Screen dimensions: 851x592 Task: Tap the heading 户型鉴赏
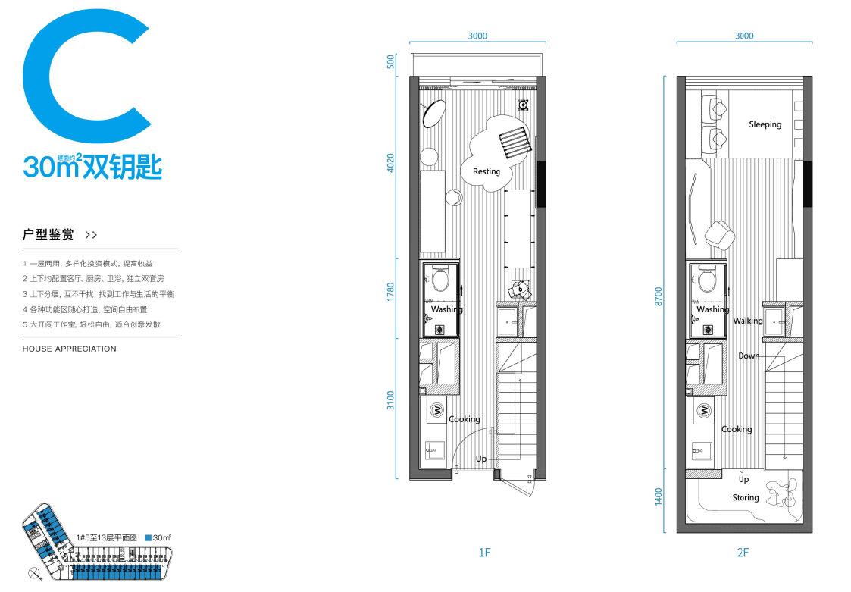[48, 235]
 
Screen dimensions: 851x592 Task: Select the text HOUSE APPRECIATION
[70, 349]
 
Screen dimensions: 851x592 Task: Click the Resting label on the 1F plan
[487, 171]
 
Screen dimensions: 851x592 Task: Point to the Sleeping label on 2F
[765, 124]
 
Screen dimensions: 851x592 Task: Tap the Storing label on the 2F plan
[745, 497]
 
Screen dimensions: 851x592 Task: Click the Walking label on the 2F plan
[748, 321]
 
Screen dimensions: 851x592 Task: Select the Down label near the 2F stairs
[749, 356]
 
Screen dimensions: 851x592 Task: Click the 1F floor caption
[485, 553]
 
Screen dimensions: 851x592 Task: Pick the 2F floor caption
[743, 553]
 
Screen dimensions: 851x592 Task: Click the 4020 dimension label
[391, 164]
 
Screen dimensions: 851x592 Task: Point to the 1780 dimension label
[391, 293]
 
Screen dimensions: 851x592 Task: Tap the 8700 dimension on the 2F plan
[659, 296]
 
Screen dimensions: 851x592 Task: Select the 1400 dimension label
[659, 496]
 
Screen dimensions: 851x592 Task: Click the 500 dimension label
[391, 62]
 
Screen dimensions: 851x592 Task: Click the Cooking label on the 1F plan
[465, 419]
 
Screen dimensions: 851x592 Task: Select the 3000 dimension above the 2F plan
[744, 36]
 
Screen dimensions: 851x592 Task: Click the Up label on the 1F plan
[481, 459]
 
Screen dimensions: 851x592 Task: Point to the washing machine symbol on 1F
[436, 410]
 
